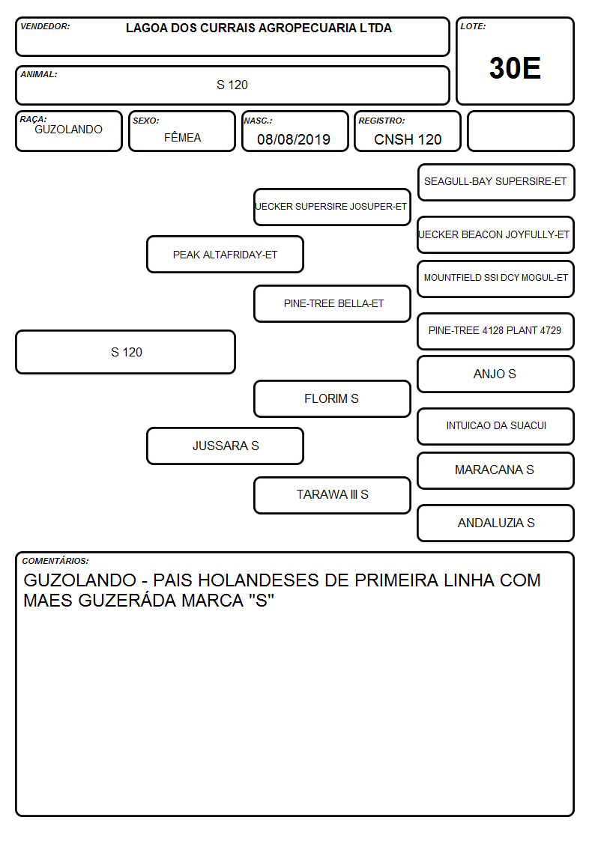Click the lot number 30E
[515, 68]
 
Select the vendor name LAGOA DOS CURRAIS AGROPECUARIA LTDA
[259, 28]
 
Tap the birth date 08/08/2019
[294, 139]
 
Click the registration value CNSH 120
[408, 139]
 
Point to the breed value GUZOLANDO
[68, 130]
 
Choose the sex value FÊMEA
[182, 137]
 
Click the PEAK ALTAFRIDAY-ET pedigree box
[226, 254]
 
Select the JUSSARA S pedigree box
[226, 446]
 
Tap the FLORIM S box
[332, 398]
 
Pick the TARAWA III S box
[332, 495]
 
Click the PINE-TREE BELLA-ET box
[332, 303]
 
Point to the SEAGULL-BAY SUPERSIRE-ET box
[496, 183]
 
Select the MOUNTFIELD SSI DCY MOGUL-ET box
[496, 279]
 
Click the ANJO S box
[496, 374]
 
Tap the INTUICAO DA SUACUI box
[496, 426]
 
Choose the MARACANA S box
[496, 470]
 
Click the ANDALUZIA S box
[496, 523]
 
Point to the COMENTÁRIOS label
[55, 561]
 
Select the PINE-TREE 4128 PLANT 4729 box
[496, 331]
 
